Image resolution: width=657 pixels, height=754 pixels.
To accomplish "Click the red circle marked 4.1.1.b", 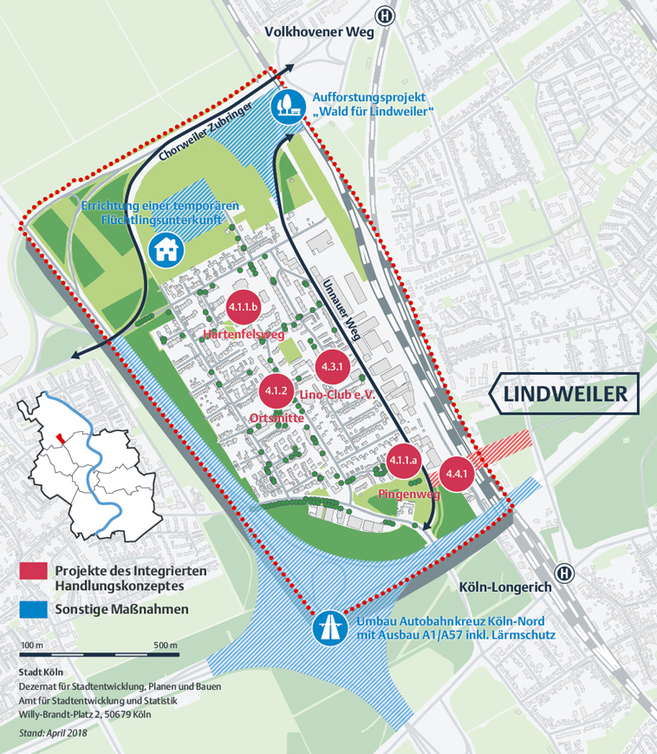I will click(243, 308).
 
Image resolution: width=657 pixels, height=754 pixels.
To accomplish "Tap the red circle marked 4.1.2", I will click(277, 390).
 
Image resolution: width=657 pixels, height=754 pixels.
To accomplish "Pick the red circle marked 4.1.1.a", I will click(404, 460).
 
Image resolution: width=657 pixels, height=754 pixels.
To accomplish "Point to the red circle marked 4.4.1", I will click(456, 474).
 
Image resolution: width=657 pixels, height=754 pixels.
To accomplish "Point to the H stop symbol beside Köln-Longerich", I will click(565, 574).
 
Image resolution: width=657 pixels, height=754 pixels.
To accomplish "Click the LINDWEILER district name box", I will click(565, 394).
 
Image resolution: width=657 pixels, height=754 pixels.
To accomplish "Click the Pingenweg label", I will click(410, 494).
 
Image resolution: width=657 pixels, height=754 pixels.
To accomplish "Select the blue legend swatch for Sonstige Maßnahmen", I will click(32, 609).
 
